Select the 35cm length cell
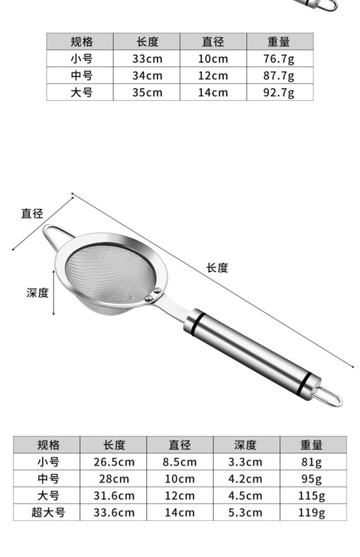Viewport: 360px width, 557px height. (x=147, y=93)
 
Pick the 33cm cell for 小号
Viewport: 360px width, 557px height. (x=147, y=58)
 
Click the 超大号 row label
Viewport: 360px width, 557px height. (x=47, y=512)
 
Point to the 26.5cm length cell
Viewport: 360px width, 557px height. (x=114, y=462)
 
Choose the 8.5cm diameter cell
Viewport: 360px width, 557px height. (x=180, y=462)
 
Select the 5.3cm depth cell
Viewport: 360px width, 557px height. (x=246, y=512)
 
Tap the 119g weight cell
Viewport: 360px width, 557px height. (x=313, y=512)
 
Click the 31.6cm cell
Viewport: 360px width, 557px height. (x=114, y=496)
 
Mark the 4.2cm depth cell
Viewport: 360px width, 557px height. (x=246, y=478)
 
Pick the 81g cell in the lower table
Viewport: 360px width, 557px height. (x=313, y=462)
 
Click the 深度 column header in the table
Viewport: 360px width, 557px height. (x=245, y=445)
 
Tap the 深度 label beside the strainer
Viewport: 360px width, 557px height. (x=38, y=292)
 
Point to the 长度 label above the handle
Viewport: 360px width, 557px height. (x=217, y=267)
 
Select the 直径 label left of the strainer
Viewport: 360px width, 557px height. (x=32, y=213)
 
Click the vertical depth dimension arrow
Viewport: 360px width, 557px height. (x=54, y=292)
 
